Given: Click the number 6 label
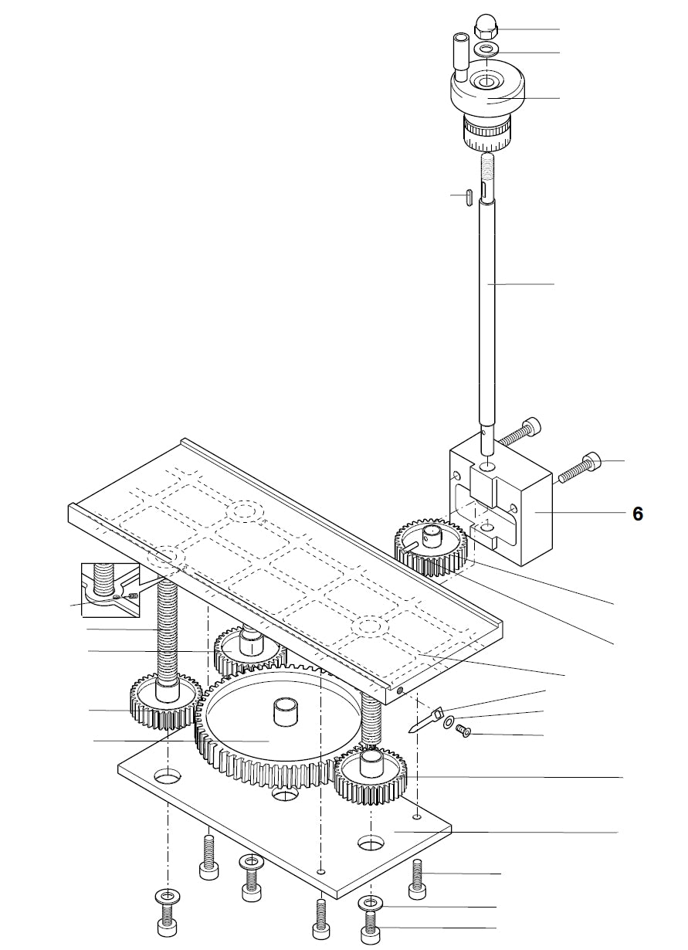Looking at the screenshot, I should pyautogui.click(x=637, y=514).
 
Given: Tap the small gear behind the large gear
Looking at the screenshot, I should pyautogui.click(x=249, y=649).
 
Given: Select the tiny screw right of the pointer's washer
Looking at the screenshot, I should pyautogui.click(x=464, y=729).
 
